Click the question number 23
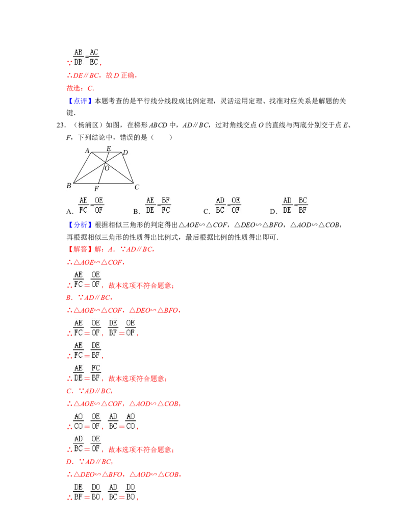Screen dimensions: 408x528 click(61, 125)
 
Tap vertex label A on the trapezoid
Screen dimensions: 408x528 click(88, 150)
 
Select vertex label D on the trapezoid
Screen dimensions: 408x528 click(125, 153)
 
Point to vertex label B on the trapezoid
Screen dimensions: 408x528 click(69, 186)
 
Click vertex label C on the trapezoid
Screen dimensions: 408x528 click(137, 187)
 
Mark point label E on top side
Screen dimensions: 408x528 click(109, 148)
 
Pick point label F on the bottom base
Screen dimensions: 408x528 click(96, 189)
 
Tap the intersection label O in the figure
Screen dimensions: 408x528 click(107, 168)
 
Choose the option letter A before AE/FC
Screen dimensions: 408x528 click(70, 212)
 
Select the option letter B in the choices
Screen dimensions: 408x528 click(136, 212)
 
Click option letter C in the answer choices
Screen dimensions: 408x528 click(207, 212)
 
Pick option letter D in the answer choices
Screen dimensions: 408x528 click(273, 212)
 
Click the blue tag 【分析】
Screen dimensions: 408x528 click(78, 225)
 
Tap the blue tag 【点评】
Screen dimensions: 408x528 click(78, 101)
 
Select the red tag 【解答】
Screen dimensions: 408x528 click(78, 249)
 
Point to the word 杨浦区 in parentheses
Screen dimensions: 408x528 click(88, 125)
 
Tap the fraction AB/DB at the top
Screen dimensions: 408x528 click(78, 57)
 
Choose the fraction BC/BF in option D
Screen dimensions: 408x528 click(302, 205)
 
